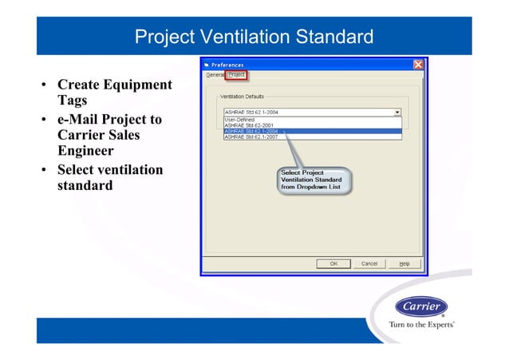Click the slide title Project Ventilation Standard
254,37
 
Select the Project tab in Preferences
236,75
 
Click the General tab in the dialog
215,75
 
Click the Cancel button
369,263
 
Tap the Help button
404,263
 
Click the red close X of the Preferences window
418,65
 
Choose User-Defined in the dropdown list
239,119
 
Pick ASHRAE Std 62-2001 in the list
249,125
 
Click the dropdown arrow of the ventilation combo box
397,113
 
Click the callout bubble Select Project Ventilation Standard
311,180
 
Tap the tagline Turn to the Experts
421,325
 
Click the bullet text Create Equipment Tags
114,93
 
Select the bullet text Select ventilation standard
109,177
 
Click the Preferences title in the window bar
228,65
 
